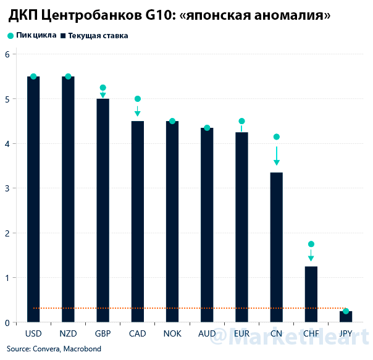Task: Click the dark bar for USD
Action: [33, 198]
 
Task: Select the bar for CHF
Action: [311, 293]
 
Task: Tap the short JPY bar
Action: [346, 316]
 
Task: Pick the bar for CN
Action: [276, 247]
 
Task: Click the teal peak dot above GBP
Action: [103, 88]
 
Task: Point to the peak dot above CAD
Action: [138, 99]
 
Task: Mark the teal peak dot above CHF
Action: [311, 244]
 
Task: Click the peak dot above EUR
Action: [241, 121]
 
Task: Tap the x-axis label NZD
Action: [68, 334]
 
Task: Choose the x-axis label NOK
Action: [172, 334]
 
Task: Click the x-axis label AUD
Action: [207, 334]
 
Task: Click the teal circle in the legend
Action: [10, 36]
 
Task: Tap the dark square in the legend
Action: [64, 36]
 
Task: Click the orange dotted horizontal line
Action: [185, 308]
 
